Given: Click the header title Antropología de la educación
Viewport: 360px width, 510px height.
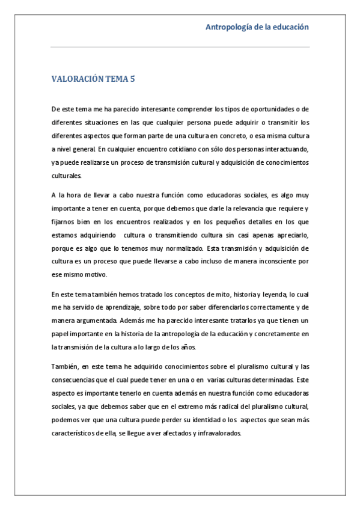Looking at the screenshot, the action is [257, 27].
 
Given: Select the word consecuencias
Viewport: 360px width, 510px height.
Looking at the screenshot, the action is [77, 379].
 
